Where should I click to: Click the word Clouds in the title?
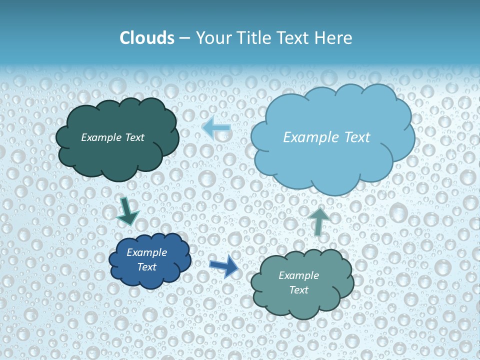[147, 38]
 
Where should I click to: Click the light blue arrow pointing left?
[216, 128]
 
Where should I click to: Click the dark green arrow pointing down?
[127, 211]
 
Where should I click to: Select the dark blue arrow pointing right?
[224, 266]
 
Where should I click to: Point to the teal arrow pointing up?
[318, 221]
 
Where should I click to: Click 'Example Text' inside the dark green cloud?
[112, 137]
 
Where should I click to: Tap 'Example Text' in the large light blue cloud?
[326, 137]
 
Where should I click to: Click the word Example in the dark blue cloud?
[146, 252]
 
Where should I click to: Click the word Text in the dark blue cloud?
[146, 267]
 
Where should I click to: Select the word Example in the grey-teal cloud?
[298, 275]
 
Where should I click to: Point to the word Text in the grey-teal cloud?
[298, 290]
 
